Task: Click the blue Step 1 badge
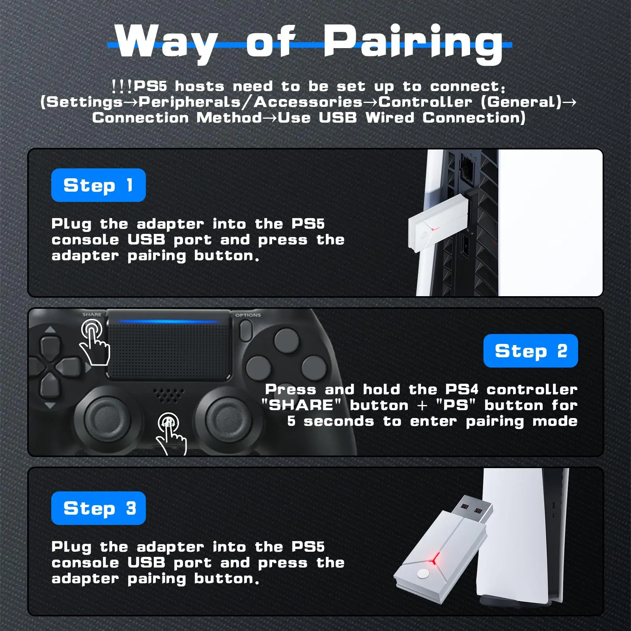98,185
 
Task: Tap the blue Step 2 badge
530,351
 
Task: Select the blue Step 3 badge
98,508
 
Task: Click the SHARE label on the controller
91,314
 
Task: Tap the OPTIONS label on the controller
248,315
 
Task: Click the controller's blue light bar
169,321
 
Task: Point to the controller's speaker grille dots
169,394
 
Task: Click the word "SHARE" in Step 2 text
301,405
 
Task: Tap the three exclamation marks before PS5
121,86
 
